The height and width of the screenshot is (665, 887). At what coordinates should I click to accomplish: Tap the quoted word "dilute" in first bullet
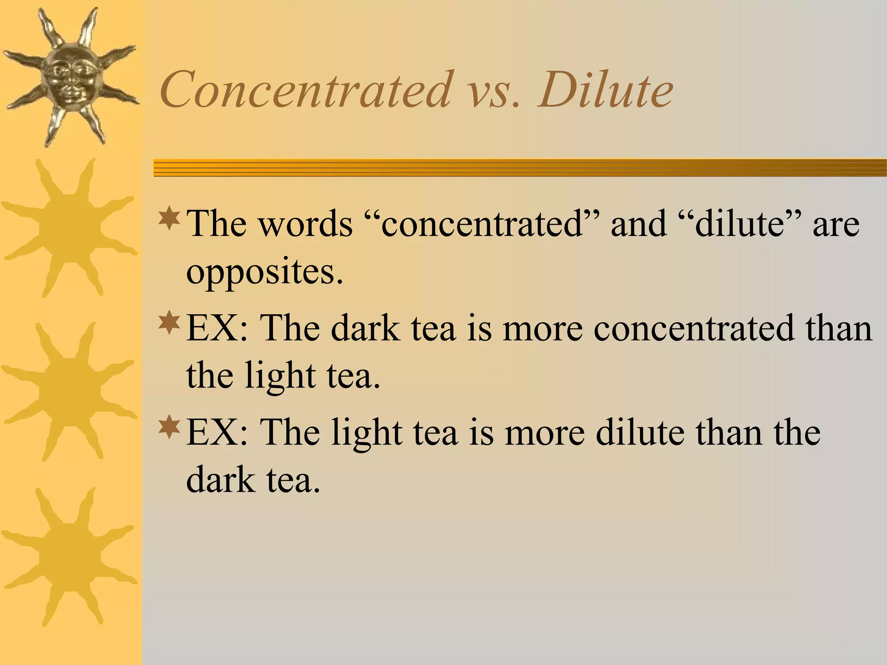[x=740, y=224]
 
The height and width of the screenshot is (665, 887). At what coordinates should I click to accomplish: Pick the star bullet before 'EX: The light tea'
[x=169, y=426]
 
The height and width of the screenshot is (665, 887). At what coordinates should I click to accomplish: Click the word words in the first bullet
[x=306, y=224]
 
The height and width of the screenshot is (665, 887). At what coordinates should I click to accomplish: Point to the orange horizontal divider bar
[x=520, y=168]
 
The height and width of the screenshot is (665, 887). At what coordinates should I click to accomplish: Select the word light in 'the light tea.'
[x=280, y=376]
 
